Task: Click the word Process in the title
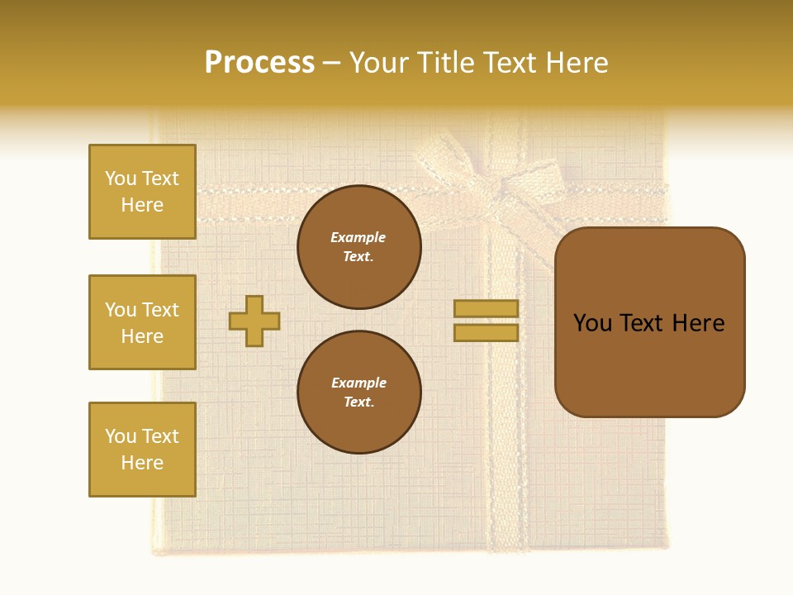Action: [x=259, y=63]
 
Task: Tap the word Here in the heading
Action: [x=572, y=63]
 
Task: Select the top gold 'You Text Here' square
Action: [x=142, y=192]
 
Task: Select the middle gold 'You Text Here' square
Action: [x=142, y=322]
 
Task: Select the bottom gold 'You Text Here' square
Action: [x=142, y=450]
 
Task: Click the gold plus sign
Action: [x=254, y=321]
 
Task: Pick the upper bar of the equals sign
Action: [x=487, y=308]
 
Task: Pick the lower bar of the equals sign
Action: [x=487, y=332]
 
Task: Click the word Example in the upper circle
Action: [x=359, y=237]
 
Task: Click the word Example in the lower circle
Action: [x=359, y=383]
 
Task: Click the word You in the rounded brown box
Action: [x=592, y=323]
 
